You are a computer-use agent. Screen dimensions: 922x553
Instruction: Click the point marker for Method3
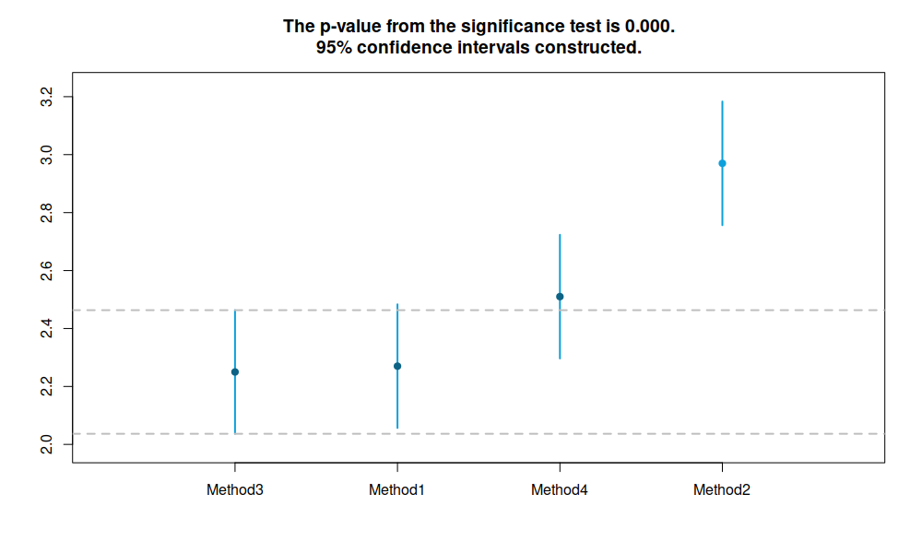click(x=235, y=372)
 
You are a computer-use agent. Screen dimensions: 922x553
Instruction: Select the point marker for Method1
click(x=397, y=366)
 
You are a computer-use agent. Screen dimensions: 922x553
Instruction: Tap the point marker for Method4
click(x=560, y=297)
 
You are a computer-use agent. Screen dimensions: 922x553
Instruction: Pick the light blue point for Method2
click(x=722, y=163)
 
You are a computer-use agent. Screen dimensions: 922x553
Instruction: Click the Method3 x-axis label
click(x=234, y=490)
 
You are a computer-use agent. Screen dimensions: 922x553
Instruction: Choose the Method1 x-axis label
click(x=396, y=490)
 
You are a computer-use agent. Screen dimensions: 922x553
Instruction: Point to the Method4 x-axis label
click(x=560, y=490)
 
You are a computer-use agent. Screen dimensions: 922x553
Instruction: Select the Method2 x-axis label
click(x=722, y=490)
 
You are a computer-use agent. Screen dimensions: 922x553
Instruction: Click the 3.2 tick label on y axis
click(x=46, y=97)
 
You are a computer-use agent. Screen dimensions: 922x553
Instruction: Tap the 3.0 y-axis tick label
click(x=46, y=155)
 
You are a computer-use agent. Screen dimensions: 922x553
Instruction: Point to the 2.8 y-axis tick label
click(x=46, y=213)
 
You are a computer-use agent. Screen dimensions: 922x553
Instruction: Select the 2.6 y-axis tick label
click(x=46, y=271)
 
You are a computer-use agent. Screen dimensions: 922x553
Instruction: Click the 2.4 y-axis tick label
click(x=46, y=328)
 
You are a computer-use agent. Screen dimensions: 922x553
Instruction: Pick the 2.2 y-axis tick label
click(x=46, y=387)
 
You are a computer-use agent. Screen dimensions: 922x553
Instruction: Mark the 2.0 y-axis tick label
click(x=46, y=444)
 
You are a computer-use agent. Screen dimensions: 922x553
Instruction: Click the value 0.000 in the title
click(x=650, y=27)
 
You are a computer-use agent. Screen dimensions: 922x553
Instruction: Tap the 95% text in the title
click(x=334, y=48)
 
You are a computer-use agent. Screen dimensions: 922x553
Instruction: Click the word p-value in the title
click(x=350, y=27)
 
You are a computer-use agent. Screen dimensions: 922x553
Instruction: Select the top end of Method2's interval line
click(x=722, y=101)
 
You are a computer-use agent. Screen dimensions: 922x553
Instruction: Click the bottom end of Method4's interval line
click(x=560, y=359)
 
